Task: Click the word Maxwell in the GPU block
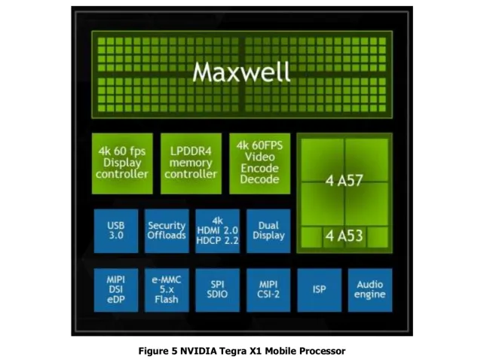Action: point(241,72)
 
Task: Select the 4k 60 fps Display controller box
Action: point(122,163)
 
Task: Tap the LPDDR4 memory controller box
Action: point(191,163)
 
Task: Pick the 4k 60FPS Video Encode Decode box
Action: point(259,163)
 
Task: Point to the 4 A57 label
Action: point(344,181)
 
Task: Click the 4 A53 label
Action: point(344,236)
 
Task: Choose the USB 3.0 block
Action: point(116,230)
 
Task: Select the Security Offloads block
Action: point(167,230)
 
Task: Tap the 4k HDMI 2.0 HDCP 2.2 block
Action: point(218,230)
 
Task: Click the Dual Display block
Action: point(268,230)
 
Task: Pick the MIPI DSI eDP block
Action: point(116,290)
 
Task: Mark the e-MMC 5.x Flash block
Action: point(167,290)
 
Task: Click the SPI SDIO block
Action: point(218,290)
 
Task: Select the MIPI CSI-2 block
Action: point(268,290)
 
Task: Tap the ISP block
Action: point(320,290)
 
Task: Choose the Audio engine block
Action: point(370,290)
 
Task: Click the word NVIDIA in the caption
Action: point(198,351)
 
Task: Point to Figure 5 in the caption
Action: point(158,351)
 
